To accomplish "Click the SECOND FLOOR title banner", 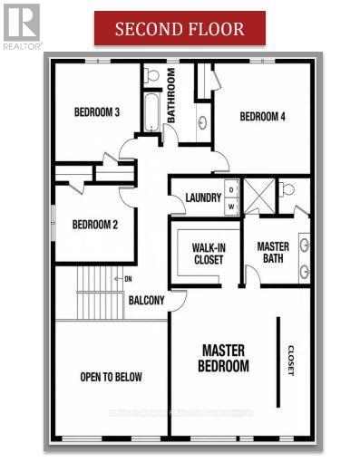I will pos(180,28).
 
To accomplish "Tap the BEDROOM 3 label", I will pos(96,112).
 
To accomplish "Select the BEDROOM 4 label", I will pos(262,116).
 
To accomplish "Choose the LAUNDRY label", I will pos(203,198).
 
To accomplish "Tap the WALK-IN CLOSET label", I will pos(208,254).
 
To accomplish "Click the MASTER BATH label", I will pos(273,254).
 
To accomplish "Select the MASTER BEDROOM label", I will pos(224,358).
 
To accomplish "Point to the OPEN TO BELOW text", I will pos(111,377).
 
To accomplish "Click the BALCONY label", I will pos(146,301).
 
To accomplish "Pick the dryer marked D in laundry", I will pos(231,190).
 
